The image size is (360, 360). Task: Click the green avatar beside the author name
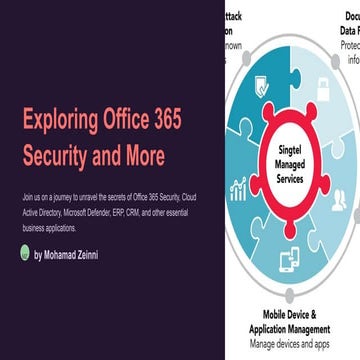[24, 254]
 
